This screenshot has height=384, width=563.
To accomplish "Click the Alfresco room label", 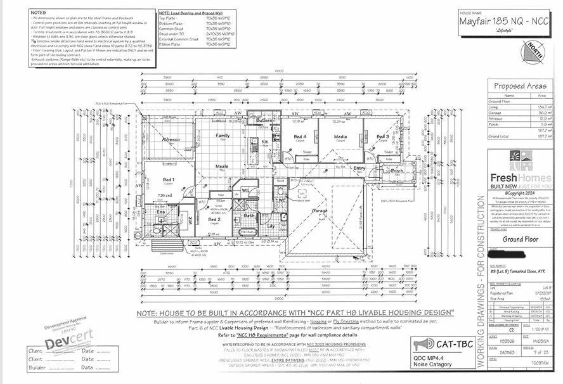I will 171,139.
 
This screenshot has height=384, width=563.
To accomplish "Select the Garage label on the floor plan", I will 319,210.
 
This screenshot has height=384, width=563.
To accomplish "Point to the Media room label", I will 340,136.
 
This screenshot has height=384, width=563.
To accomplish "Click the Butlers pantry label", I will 264,120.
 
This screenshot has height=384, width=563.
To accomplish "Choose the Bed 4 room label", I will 301,136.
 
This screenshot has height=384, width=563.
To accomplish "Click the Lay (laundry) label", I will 270,225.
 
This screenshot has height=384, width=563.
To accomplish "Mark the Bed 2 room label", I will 223,219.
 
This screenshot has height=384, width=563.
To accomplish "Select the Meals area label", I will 222,167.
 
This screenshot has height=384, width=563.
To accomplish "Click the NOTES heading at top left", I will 38,12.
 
